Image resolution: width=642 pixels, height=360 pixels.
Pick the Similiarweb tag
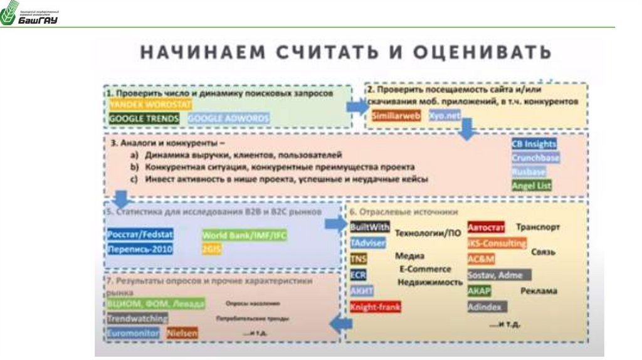pyautogui.click(x=396, y=115)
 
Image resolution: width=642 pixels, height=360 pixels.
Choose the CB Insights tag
pyautogui.click(x=534, y=144)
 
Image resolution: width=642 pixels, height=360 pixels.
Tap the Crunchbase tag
pyautogui.click(x=535, y=157)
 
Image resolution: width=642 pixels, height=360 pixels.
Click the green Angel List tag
pyautogui.click(x=532, y=186)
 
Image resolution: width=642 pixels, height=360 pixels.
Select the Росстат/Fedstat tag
pyautogui.click(x=140, y=234)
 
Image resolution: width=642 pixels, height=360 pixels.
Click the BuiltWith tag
pyautogui.click(x=370, y=226)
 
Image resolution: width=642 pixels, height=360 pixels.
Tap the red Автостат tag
pyautogui.click(x=486, y=227)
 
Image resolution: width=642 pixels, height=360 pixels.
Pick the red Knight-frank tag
pyautogui.click(x=376, y=307)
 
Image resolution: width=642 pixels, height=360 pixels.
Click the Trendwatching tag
pyautogui.click(x=137, y=319)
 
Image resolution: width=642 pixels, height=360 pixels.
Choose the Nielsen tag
pyautogui.click(x=182, y=334)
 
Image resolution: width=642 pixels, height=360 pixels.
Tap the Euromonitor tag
pyautogui.click(x=134, y=334)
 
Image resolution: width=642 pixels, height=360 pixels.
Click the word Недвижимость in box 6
pyautogui.click(x=429, y=283)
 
